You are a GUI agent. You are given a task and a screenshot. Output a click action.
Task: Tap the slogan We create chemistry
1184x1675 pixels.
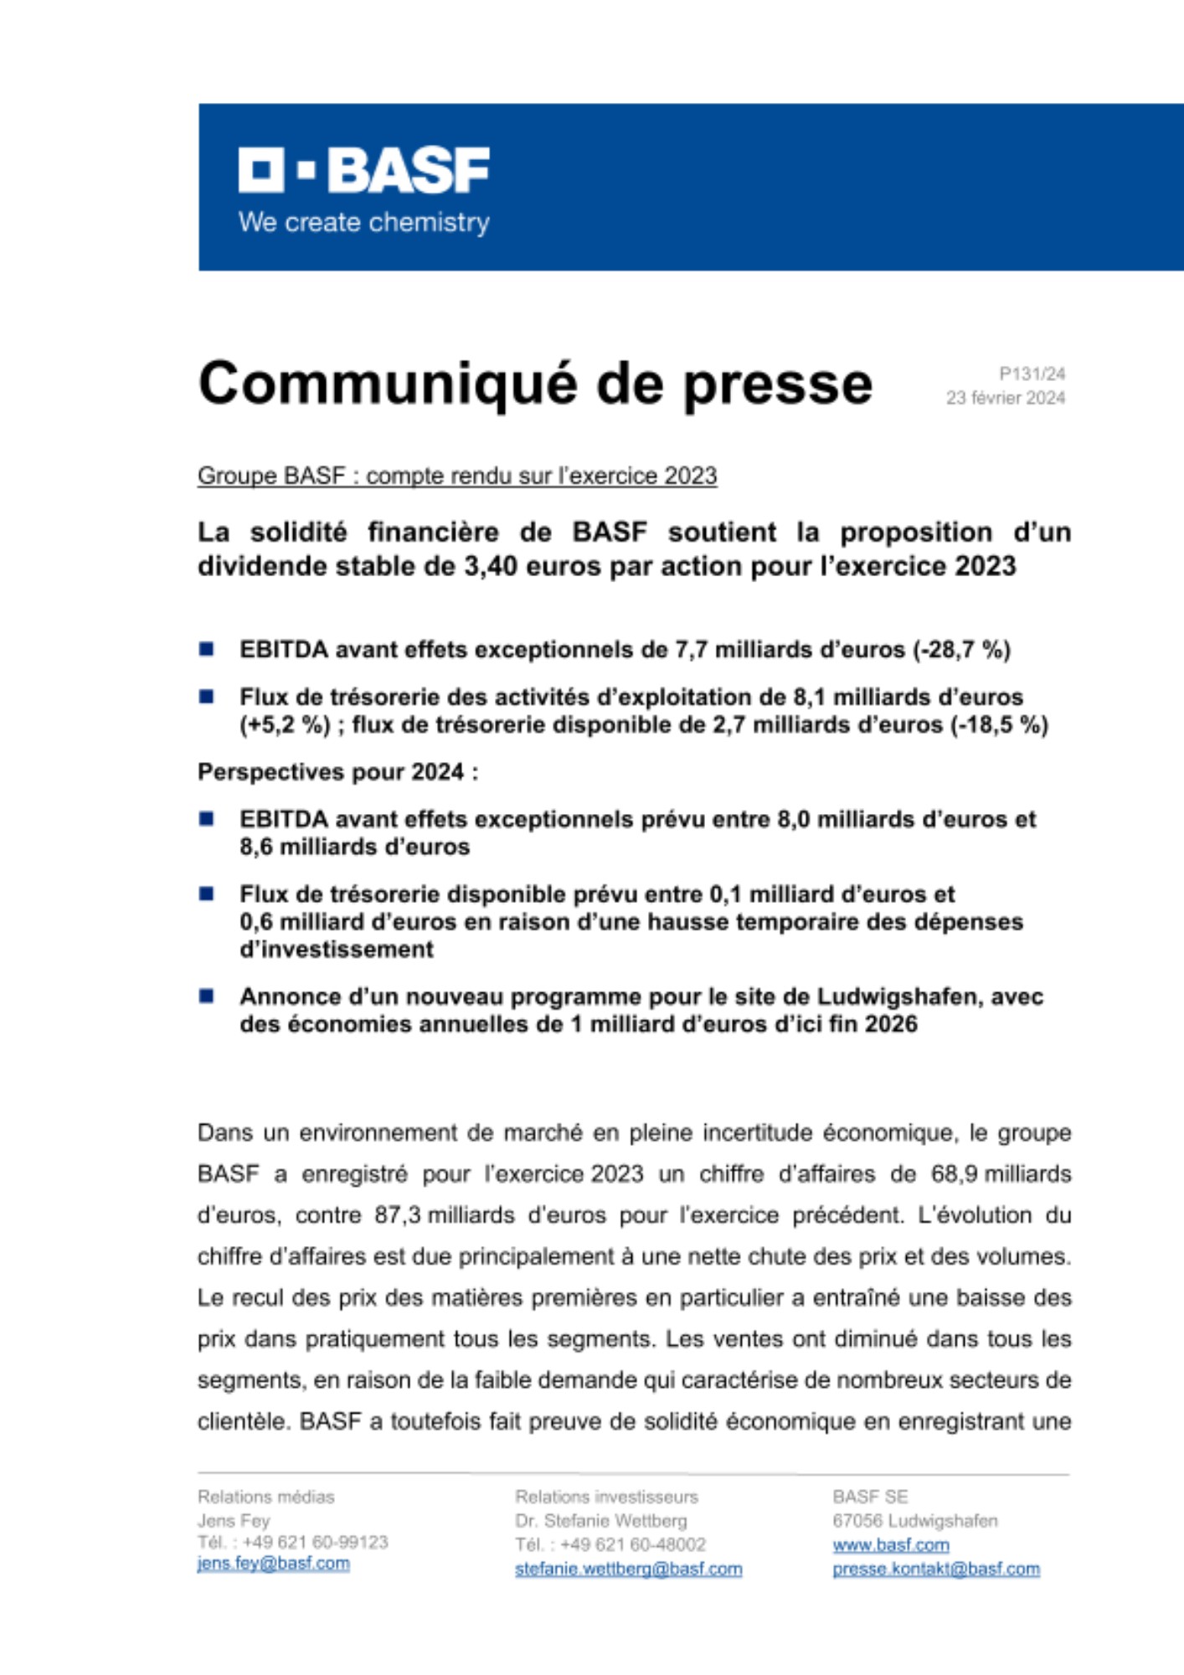click(363, 223)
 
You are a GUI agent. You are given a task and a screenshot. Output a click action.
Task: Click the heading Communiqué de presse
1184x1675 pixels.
click(535, 384)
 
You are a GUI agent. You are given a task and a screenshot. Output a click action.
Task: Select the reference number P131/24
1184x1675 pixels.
click(1032, 374)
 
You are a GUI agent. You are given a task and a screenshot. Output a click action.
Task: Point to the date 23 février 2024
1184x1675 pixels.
click(1005, 398)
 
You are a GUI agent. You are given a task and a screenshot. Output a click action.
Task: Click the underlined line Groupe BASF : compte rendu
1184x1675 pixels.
click(457, 476)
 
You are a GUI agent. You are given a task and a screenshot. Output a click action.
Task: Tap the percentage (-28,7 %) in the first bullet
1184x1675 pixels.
click(962, 650)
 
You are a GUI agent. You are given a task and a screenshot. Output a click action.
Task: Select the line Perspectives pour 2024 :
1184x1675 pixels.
click(338, 772)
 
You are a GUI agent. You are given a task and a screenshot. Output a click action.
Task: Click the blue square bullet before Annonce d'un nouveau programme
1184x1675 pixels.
click(206, 997)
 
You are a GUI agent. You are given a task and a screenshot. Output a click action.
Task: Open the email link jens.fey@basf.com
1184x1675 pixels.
click(273, 1564)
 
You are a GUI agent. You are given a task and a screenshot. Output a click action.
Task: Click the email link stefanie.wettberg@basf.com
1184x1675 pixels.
click(628, 1569)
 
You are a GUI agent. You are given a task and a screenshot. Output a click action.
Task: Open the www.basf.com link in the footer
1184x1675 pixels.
click(890, 1545)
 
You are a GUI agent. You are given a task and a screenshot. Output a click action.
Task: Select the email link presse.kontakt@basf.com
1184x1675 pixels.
click(935, 1569)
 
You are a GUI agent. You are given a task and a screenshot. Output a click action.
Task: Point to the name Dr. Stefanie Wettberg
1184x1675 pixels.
click(600, 1521)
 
